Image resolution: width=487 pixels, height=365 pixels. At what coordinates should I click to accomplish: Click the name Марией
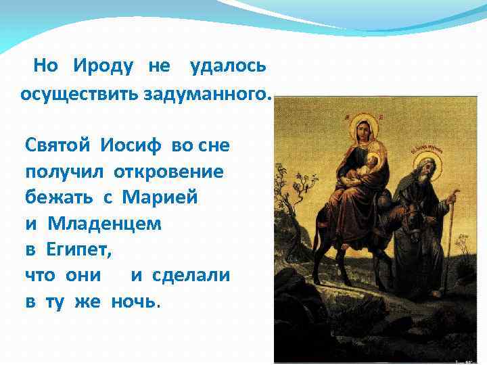pos(160,197)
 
